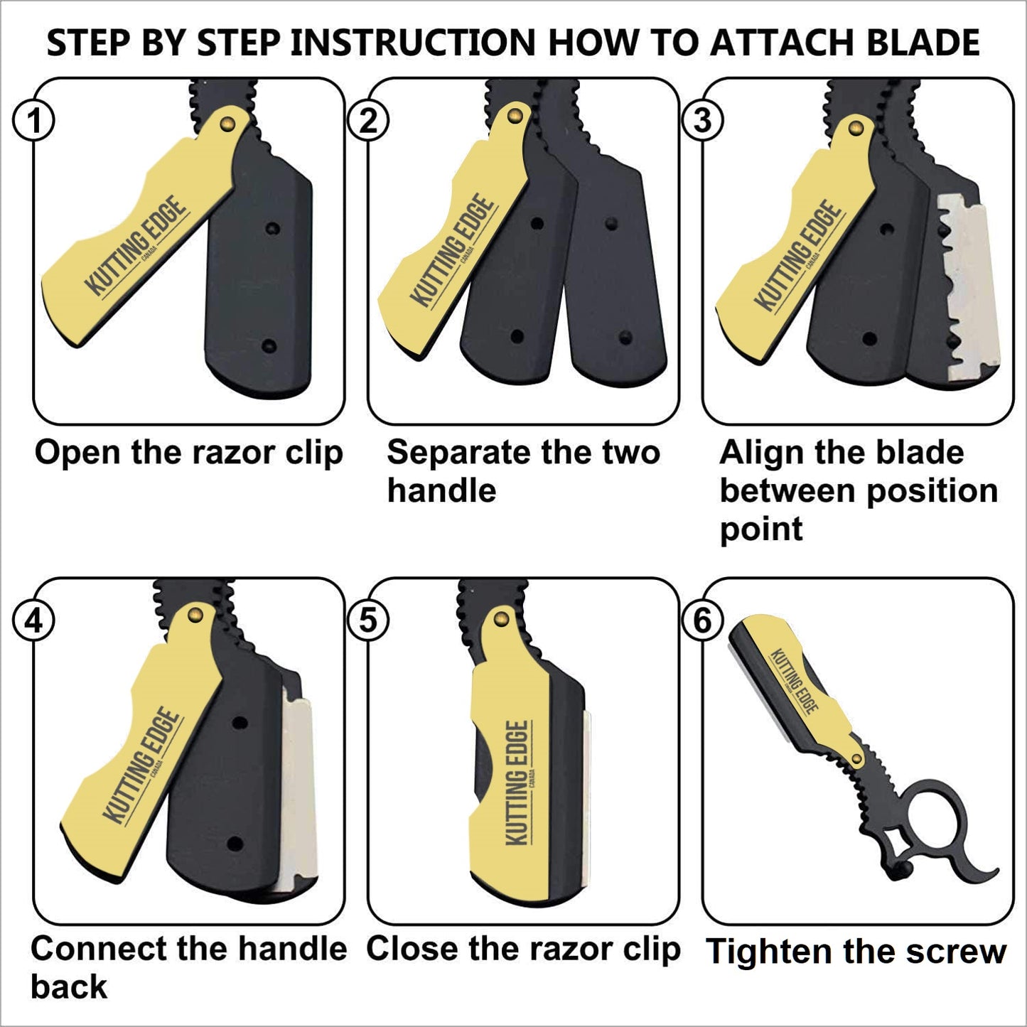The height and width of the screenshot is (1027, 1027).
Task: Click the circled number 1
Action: tap(33, 122)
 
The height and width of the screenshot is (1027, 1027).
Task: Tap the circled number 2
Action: tap(367, 122)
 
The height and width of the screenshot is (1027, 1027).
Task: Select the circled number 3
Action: tap(702, 121)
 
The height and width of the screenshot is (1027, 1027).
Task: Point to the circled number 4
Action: tap(33, 621)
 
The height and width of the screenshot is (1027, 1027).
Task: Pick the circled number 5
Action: tap(367, 621)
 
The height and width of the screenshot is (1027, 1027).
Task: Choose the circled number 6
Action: tap(702, 621)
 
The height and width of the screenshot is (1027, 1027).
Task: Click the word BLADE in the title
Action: tap(923, 42)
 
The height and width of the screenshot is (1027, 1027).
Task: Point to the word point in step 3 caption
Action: tap(761, 529)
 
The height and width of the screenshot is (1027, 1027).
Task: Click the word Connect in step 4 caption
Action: tap(99, 950)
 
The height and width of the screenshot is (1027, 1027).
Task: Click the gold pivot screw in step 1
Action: tap(227, 124)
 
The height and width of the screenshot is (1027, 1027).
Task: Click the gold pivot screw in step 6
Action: tap(856, 759)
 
